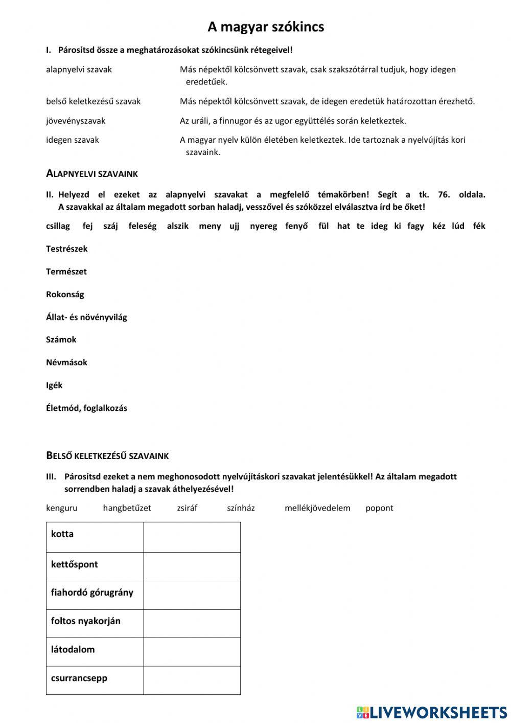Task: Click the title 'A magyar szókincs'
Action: pyautogui.click(x=265, y=27)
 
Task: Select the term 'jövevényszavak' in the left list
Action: pyautogui.click(x=76, y=121)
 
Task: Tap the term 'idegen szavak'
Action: pyautogui.click(x=73, y=140)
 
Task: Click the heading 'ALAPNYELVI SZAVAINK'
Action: pyautogui.click(x=92, y=174)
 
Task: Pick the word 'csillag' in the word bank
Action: pyautogui.click(x=58, y=226)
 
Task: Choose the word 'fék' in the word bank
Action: pyautogui.click(x=479, y=226)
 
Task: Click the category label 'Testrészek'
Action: pyautogui.click(x=67, y=249)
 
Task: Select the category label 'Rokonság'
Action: pyautogui.click(x=65, y=294)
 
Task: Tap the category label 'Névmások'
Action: pyautogui.click(x=66, y=362)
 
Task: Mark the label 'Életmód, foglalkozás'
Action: pyautogui.click(x=86, y=408)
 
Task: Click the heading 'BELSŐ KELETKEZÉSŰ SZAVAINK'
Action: pyautogui.click(x=107, y=455)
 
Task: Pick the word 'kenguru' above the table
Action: pyautogui.click(x=62, y=508)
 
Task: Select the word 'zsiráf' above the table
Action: pyautogui.click(x=187, y=508)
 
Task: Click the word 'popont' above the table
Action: pyautogui.click(x=379, y=508)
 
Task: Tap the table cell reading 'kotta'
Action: pyautogui.click(x=95, y=537)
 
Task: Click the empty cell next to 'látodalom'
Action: pyautogui.click(x=192, y=651)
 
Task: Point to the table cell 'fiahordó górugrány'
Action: pyautogui.click(x=95, y=595)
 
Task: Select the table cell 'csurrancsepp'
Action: pyautogui.click(x=95, y=680)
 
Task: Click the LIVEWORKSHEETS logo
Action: pyautogui.click(x=432, y=712)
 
